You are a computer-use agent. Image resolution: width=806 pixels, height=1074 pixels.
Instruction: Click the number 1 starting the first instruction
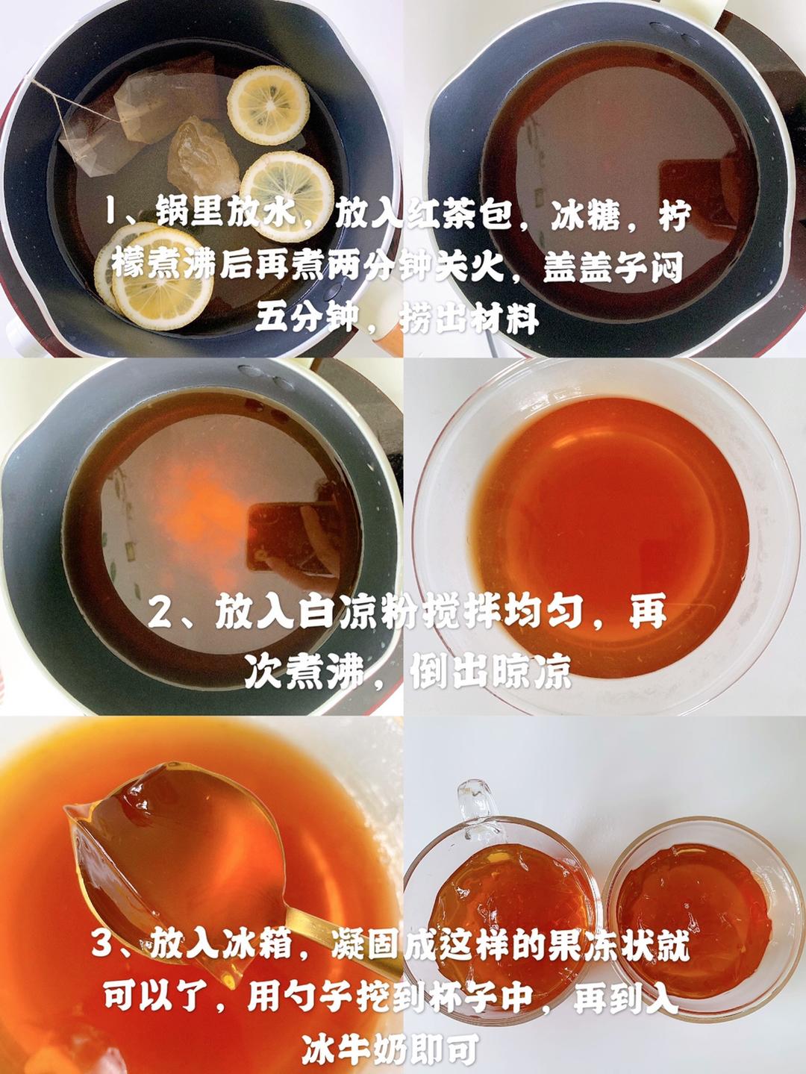pyautogui.click(x=114, y=213)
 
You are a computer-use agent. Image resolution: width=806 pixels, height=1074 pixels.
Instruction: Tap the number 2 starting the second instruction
pyautogui.click(x=160, y=611)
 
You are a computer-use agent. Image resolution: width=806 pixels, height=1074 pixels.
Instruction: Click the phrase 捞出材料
pyautogui.click(x=469, y=322)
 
